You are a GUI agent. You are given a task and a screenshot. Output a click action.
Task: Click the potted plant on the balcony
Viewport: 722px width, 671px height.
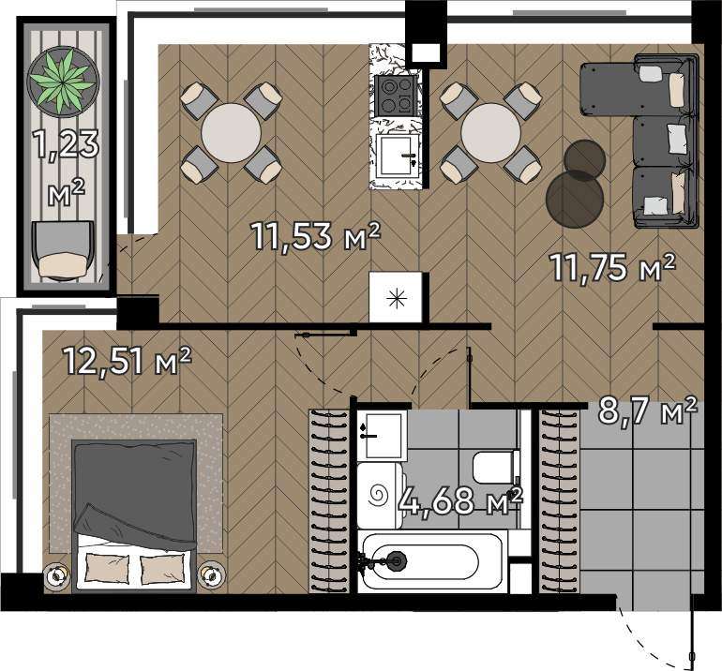click(63, 82)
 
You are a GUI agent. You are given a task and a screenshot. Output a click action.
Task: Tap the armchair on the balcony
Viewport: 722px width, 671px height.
click(63, 251)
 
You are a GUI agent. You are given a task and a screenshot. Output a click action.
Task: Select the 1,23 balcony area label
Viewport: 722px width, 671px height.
click(67, 144)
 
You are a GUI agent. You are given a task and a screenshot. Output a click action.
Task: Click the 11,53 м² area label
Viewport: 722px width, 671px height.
click(316, 236)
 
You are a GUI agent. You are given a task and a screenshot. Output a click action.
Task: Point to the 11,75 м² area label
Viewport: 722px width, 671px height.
click(612, 267)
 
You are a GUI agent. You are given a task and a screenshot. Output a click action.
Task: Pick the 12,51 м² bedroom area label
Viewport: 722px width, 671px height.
click(127, 361)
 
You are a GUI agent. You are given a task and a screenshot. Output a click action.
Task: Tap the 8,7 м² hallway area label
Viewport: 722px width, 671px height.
click(647, 410)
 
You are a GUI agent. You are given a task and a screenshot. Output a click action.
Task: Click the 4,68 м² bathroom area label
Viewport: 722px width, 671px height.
click(461, 501)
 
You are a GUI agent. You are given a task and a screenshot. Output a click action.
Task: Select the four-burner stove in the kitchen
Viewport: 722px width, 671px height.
click(395, 96)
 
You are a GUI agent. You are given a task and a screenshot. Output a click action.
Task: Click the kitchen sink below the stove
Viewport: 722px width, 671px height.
click(396, 156)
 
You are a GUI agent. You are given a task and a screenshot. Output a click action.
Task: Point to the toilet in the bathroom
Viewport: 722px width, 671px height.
click(496, 467)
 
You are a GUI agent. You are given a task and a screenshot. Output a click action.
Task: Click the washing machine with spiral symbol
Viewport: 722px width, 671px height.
click(381, 495)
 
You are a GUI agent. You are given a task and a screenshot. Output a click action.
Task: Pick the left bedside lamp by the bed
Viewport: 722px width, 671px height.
click(57, 574)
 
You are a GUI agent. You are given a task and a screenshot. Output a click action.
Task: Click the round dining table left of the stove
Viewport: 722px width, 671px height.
click(232, 132)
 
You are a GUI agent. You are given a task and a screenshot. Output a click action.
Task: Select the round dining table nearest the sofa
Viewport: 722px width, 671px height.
click(490, 132)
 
